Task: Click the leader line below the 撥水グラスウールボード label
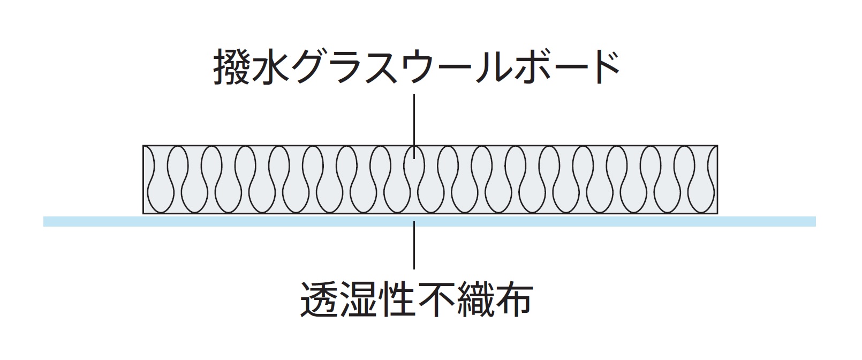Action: (414, 121)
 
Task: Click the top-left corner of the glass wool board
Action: (143, 146)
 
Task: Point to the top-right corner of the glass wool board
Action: (717, 146)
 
